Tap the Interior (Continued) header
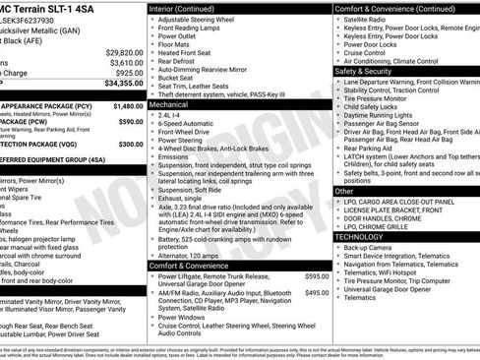(x=191, y=9)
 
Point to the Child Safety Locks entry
(x=377, y=106)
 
